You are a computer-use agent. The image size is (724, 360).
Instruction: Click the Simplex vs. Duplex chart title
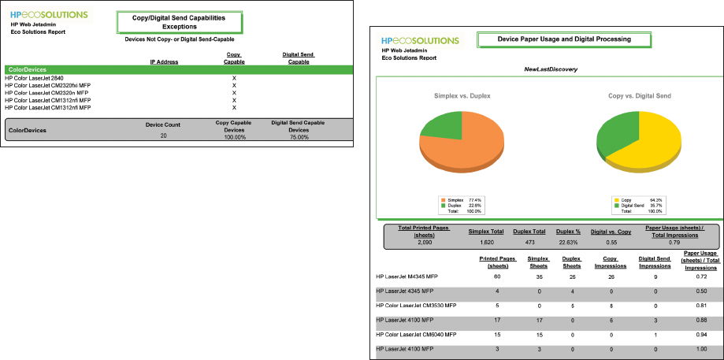tap(462, 96)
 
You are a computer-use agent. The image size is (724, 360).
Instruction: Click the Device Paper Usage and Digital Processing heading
tap(564, 39)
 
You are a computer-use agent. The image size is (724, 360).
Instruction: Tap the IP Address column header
tap(164, 61)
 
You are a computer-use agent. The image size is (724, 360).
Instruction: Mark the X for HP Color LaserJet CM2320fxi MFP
tap(234, 86)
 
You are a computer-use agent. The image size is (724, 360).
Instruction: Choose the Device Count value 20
tap(163, 136)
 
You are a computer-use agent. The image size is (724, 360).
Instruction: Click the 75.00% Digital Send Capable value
tap(298, 137)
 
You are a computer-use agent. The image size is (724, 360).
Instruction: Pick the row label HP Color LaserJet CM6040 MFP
tap(418, 334)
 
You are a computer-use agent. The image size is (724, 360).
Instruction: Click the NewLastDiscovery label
tap(551, 69)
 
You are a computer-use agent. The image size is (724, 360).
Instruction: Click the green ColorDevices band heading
tap(27, 70)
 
